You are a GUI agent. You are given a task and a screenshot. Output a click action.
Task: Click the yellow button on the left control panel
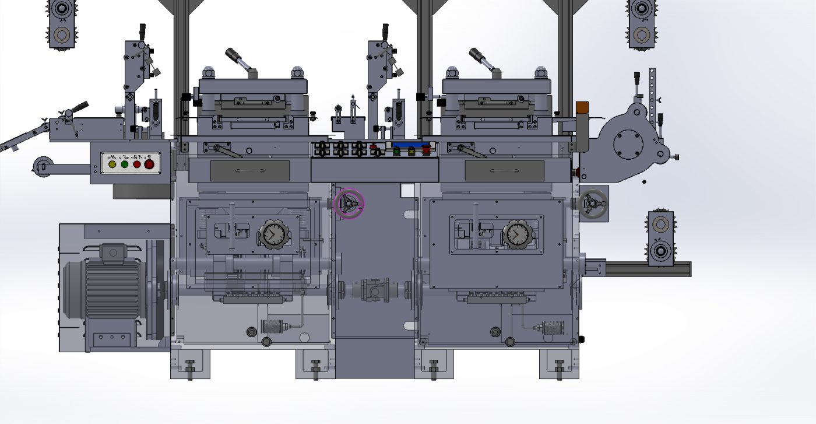tap(112, 164)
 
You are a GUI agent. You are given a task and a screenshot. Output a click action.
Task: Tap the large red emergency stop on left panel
tap(149, 164)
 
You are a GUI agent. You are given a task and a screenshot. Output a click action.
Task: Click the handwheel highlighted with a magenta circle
tap(349, 203)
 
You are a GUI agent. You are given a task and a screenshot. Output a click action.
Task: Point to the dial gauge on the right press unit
tap(515, 234)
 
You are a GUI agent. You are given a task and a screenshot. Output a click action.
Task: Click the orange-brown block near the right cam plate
tap(582, 109)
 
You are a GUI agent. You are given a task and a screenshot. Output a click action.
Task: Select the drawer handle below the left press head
tap(249, 170)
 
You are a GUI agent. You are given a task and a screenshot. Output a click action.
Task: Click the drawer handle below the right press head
tap(504, 170)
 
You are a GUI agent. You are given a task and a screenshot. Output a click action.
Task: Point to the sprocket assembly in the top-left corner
tap(61, 23)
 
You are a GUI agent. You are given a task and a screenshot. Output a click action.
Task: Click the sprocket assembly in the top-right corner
tap(642, 23)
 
